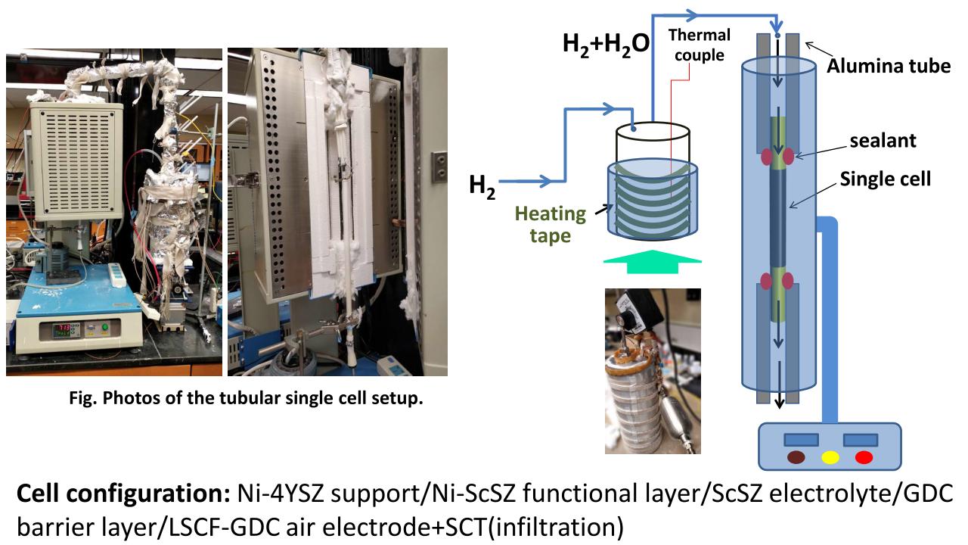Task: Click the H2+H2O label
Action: (x=606, y=44)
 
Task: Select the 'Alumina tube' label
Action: (x=888, y=66)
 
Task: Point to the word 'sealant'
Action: (x=882, y=140)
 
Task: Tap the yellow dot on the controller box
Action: (x=830, y=457)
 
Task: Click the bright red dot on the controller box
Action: (x=863, y=457)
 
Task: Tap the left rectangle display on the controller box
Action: (x=799, y=440)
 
